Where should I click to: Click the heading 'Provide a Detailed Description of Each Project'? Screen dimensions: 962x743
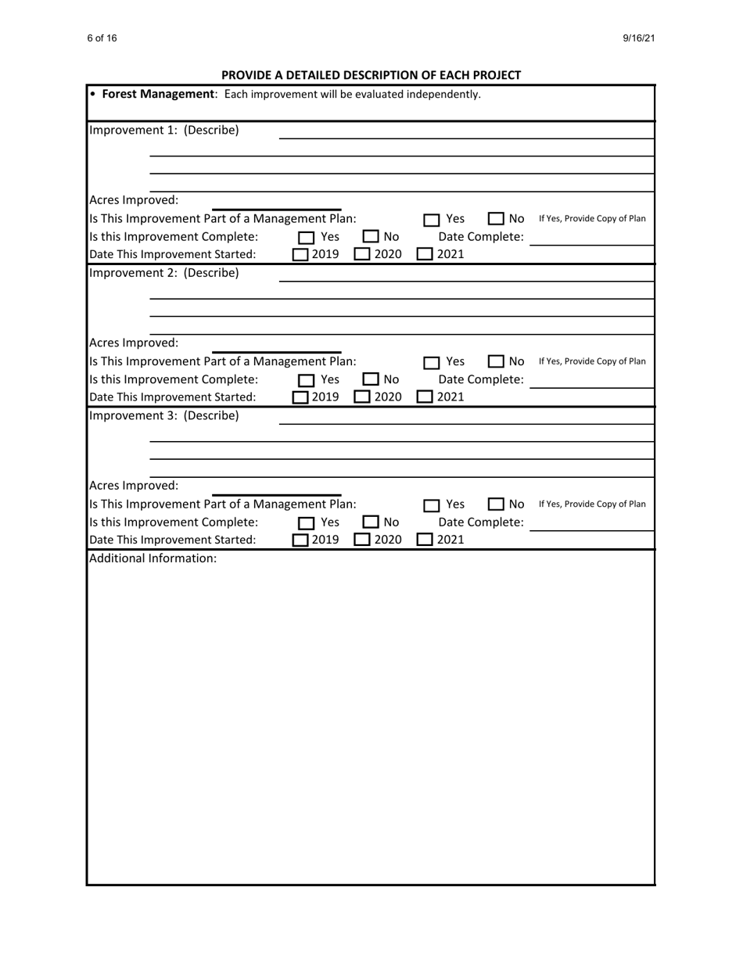[371, 75]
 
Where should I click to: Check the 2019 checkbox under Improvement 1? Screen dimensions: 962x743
[300, 254]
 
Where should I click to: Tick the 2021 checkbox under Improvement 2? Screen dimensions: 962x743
[425, 397]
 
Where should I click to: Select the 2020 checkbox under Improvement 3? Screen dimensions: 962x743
[362, 540]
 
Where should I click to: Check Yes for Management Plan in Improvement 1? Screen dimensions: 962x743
[433, 220]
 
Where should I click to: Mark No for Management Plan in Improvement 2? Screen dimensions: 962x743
[496, 362]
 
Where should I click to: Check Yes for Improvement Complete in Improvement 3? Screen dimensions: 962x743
[307, 522]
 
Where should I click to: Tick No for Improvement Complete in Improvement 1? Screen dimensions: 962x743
[371, 237]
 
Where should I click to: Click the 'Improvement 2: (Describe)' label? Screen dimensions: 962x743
[164, 273]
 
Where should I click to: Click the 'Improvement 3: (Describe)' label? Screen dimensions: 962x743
[164, 415]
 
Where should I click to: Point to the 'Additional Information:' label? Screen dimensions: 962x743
[153, 558]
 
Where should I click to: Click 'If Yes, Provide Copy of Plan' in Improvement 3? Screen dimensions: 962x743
[592, 504]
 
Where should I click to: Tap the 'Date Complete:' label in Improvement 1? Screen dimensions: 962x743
[480, 237]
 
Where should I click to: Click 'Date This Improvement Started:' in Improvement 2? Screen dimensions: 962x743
[173, 397]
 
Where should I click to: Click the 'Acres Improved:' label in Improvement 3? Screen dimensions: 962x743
[134, 485]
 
